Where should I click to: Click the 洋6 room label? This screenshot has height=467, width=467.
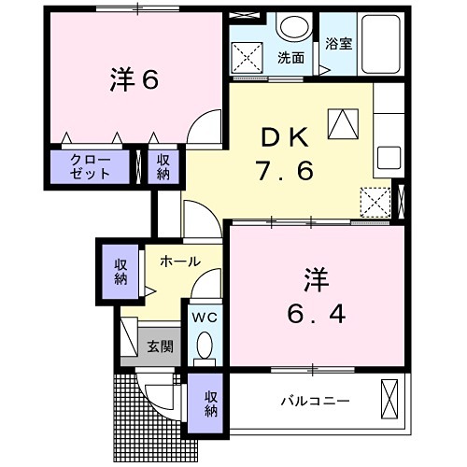pos(136,81)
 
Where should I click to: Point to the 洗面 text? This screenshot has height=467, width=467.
pos(290,57)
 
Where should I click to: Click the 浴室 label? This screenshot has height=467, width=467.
pos(338,43)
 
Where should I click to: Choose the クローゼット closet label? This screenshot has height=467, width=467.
pos(92,167)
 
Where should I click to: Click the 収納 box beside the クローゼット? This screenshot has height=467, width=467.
pos(163,167)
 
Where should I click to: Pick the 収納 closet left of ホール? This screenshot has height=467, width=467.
pos(121,271)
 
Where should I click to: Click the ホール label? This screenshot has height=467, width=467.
pos(178,262)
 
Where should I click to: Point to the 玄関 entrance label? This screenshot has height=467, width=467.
pos(160,347)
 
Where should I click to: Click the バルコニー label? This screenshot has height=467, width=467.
pos(315,401)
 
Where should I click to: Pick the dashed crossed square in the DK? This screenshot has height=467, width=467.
pos(376,201)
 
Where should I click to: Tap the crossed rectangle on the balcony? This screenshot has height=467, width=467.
pos(389,399)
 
